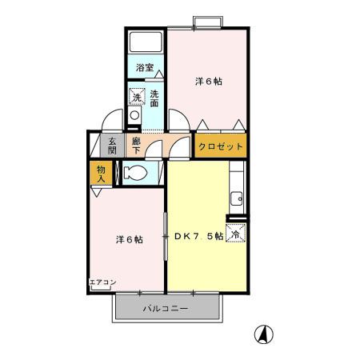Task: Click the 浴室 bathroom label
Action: click(x=144, y=69)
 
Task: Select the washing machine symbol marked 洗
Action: click(x=137, y=98)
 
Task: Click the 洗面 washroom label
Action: click(x=153, y=98)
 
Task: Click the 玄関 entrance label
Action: click(x=113, y=146)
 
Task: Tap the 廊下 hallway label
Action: click(x=137, y=146)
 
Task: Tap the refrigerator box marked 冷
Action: click(x=235, y=234)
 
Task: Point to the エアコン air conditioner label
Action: click(x=102, y=282)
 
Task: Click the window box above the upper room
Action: click(x=207, y=21)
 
